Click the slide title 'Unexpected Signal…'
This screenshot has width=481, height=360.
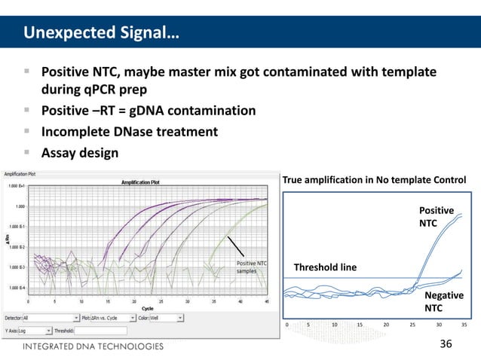tap(100, 33)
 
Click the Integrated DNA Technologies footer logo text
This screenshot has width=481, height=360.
tap(92, 347)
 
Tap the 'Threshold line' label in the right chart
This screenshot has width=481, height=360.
tap(325, 267)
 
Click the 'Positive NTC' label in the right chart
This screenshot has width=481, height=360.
tap(436, 218)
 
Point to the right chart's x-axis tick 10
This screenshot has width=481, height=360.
tap(334, 325)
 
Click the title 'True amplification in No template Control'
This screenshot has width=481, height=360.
tap(373, 179)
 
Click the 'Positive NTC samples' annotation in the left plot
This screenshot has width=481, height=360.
tap(251, 267)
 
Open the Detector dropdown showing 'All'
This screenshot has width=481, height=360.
tap(51, 319)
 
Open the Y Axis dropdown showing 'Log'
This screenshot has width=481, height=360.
tap(38, 330)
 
